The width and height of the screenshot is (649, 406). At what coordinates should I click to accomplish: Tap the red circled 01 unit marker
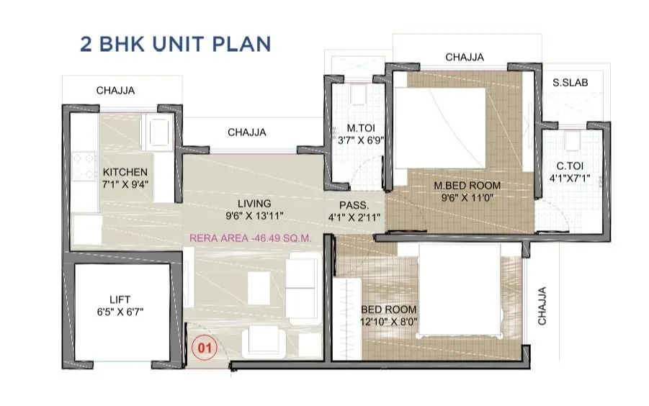click(x=204, y=348)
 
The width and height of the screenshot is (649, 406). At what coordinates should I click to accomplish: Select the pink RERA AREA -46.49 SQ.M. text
click(x=254, y=238)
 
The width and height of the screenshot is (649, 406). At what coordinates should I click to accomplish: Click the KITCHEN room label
click(x=125, y=172)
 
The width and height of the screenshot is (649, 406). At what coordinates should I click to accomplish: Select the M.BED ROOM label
click(x=467, y=185)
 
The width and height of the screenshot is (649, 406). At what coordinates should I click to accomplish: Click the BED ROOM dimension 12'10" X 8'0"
click(x=390, y=322)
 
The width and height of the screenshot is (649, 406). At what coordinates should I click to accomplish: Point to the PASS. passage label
click(x=354, y=204)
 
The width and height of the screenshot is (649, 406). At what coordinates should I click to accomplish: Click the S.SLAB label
click(x=570, y=83)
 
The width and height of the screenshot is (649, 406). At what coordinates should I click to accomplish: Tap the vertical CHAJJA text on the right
click(x=543, y=306)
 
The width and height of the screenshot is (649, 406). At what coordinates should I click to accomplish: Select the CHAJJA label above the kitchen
click(x=116, y=91)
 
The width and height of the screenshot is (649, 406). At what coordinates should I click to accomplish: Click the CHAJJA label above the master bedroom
click(x=465, y=57)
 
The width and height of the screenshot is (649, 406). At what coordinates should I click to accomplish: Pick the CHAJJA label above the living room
click(x=247, y=132)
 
